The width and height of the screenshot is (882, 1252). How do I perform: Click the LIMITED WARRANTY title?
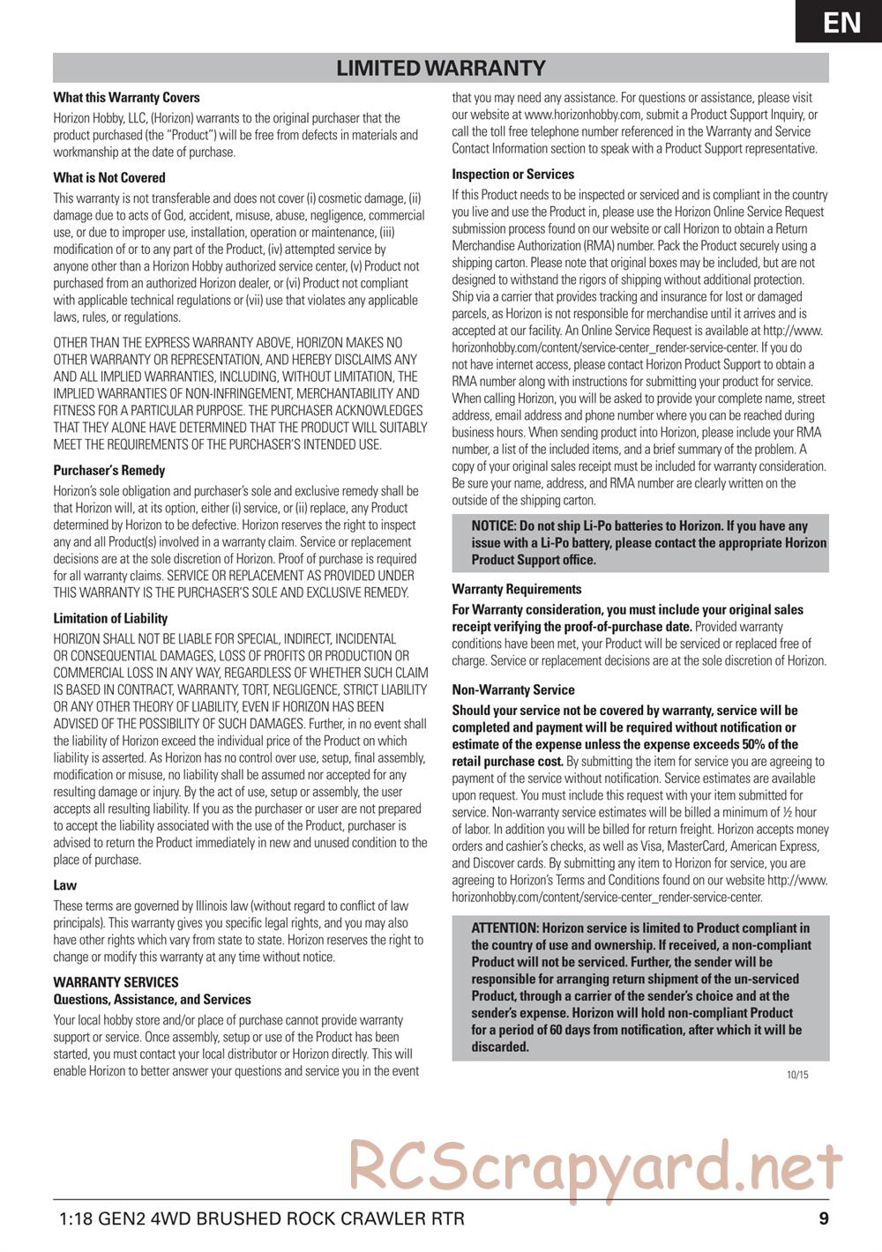click(441, 68)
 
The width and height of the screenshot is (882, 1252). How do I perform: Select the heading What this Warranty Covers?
click(126, 98)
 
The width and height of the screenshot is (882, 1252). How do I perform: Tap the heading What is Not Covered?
click(109, 177)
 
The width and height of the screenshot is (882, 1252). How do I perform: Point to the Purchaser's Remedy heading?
click(109, 471)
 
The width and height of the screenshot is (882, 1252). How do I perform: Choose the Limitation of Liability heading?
click(110, 618)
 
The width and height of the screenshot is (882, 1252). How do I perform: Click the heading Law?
click(65, 885)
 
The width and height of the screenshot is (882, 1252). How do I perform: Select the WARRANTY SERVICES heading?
click(116, 982)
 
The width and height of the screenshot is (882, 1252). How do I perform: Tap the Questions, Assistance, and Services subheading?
click(152, 1000)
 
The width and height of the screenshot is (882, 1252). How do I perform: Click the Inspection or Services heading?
click(512, 175)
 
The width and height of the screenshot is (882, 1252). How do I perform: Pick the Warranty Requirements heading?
click(517, 589)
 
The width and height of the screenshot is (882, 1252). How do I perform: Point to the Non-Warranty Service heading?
click(512, 690)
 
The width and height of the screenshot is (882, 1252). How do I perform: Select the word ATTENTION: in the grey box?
click(505, 928)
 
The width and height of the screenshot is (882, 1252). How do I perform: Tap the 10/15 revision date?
click(797, 1075)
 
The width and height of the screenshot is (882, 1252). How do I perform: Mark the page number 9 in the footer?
click(823, 1220)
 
